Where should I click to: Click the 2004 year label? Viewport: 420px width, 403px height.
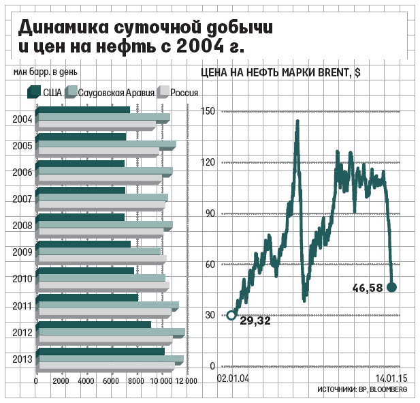click(22, 119)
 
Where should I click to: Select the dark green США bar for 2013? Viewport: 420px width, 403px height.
click(100, 351)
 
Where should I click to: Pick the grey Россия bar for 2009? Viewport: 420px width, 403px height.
click(101, 259)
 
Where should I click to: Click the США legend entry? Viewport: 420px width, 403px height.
click(46, 92)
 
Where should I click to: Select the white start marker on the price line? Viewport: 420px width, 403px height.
click(231, 315)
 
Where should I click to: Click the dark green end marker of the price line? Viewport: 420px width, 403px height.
click(391, 287)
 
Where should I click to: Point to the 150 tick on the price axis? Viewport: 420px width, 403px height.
click(208, 111)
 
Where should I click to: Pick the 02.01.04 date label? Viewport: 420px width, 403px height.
click(233, 378)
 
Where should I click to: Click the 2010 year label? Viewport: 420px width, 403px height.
click(22, 279)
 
